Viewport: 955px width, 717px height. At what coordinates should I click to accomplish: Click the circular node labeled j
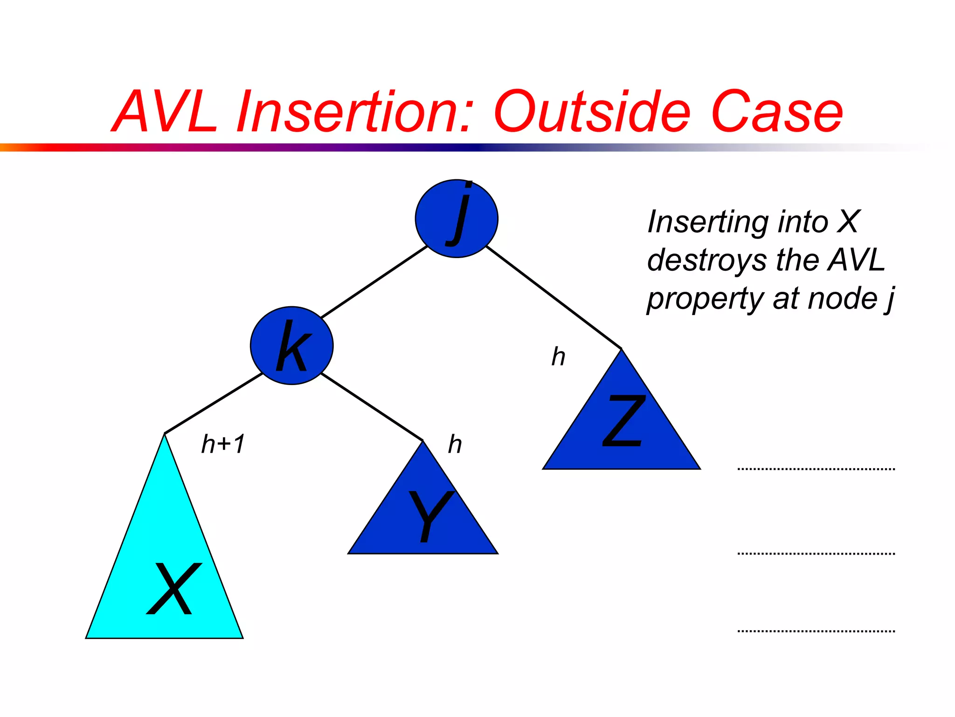(x=457, y=218)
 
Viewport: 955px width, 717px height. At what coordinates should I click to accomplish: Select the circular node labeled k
(x=291, y=345)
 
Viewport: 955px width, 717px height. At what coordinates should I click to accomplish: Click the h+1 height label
(x=223, y=444)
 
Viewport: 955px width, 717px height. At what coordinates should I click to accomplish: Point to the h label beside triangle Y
(x=455, y=444)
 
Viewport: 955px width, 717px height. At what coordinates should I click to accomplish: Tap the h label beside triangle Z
(x=558, y=357)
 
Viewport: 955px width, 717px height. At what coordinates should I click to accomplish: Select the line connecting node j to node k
(x=374, y=282)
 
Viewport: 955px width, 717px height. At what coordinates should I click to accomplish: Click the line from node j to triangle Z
(x=554, y=297)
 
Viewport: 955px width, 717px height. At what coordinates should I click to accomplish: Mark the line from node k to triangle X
(x=214, y=403)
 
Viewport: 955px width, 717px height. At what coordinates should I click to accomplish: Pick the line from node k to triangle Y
(x=372, y=407)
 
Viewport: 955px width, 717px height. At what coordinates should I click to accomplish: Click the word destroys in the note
(x=706, y=260)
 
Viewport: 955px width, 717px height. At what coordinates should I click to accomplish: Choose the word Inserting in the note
(x=707, y=221)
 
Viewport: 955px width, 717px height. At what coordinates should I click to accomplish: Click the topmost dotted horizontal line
(x=816, y=469)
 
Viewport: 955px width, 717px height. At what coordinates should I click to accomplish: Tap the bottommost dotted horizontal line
(x=816, y=631)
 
